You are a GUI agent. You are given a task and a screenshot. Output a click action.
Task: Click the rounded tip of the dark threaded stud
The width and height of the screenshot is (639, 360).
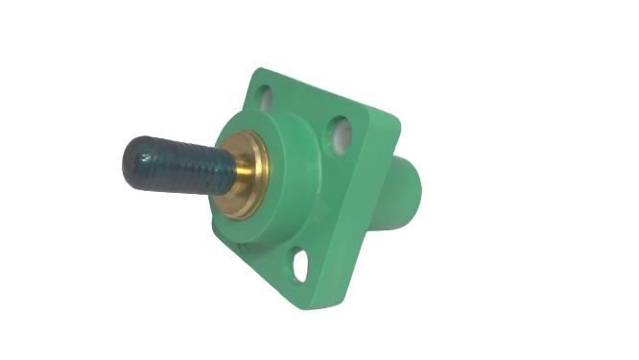pos(134,161)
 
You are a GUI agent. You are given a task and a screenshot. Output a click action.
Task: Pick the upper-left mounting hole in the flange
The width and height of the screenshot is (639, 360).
pos(264,97)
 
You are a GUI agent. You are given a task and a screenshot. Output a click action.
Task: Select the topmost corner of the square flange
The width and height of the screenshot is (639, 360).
pos(257,71)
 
